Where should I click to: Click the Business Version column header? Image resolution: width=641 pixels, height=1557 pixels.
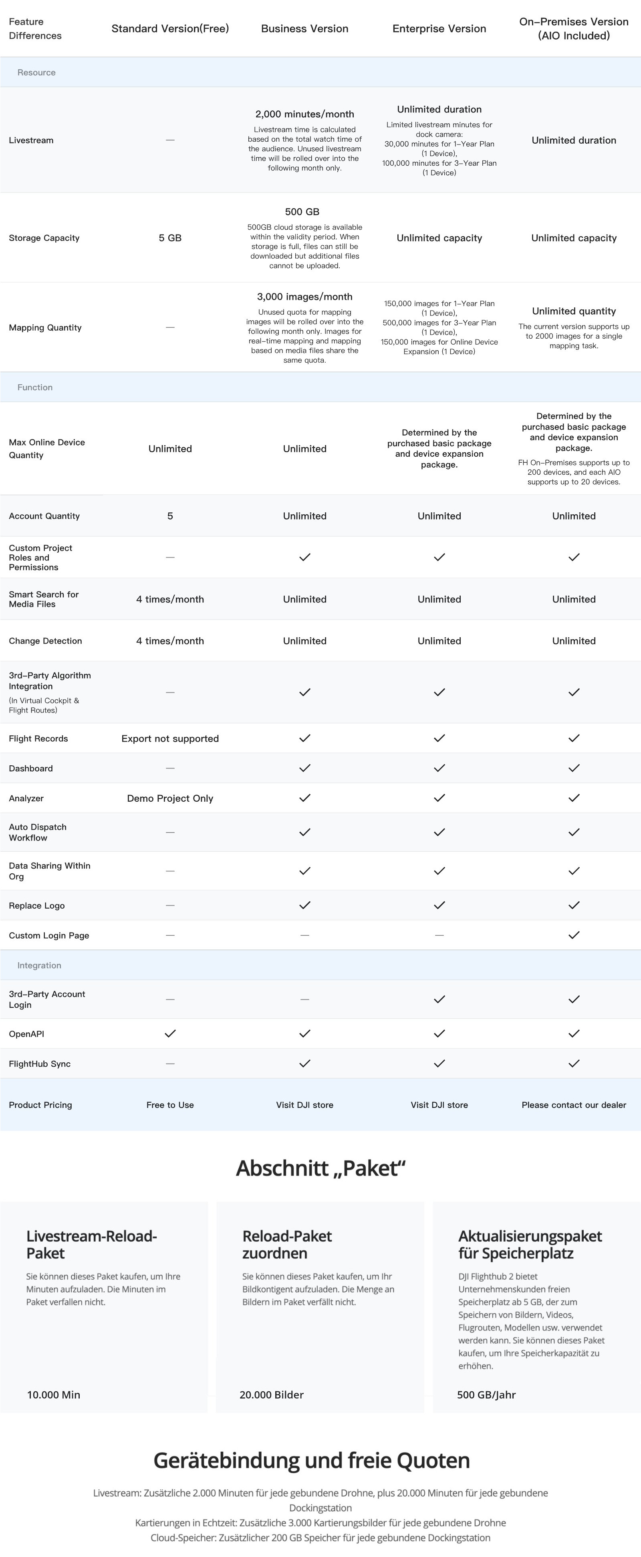click(x=305, y=28)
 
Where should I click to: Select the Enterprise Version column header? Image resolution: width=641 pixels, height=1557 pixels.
click(x=439, y=28)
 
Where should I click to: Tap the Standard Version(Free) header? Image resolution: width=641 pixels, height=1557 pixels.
click(x=170, y=28)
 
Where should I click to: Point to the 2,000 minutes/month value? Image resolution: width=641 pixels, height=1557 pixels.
click(x=305, y=114)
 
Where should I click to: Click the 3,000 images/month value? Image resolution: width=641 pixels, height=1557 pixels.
click(x=305, y=297)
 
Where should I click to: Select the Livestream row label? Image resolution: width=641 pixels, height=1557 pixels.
click(x=31, y=140)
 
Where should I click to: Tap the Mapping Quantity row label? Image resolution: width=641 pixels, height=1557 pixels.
click(x=45, y=327)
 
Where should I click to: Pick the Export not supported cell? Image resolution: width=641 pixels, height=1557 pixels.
click(x=170, y=738)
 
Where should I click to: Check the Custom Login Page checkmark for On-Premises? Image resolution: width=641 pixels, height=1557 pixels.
click(x=574, y=935)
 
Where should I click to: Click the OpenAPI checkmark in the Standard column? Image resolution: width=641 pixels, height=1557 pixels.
click(x=170, y=1033)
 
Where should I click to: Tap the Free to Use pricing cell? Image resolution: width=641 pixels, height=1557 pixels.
click(x=170, y=1105)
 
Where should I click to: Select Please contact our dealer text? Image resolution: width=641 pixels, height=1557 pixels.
click(x=574, y=1105)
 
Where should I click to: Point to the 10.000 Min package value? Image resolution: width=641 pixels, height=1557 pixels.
click(x=54, y=1395)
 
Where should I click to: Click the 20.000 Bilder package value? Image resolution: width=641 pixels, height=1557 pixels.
click(x=272, y=1395)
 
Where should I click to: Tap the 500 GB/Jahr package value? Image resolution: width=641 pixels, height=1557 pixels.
click(x=486, y=1395)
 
